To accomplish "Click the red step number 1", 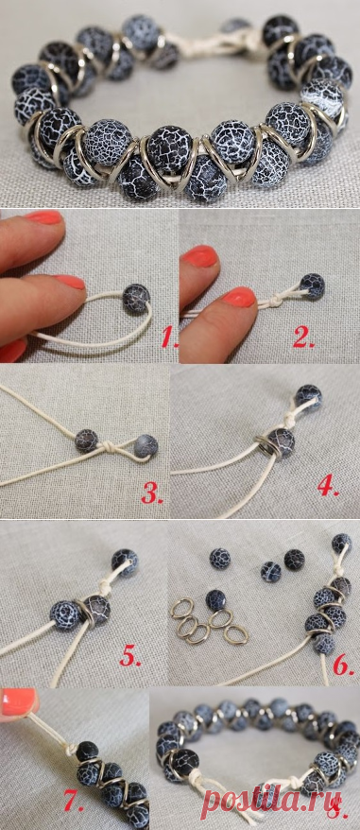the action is pyautogui.click(x=168, y=337).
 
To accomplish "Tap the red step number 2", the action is pyautogui.click(x=304, y=337).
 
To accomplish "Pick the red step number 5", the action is pyautogui.click(x=130, y=655).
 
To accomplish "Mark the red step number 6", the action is pyautogui.click(x=344, y=665).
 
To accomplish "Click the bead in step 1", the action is pyautogui.click(x=137, y=298).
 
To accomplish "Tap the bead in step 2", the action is pyautogui.click(x=313, y=286).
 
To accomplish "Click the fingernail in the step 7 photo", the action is pyautogui.click(x=19, y=701).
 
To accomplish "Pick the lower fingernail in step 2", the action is pyautogui.click(x=239, y=297).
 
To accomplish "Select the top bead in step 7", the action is pyautogui.click(x=87, y=752).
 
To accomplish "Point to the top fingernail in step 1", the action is pyautogui.click(x=44, y=217).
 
